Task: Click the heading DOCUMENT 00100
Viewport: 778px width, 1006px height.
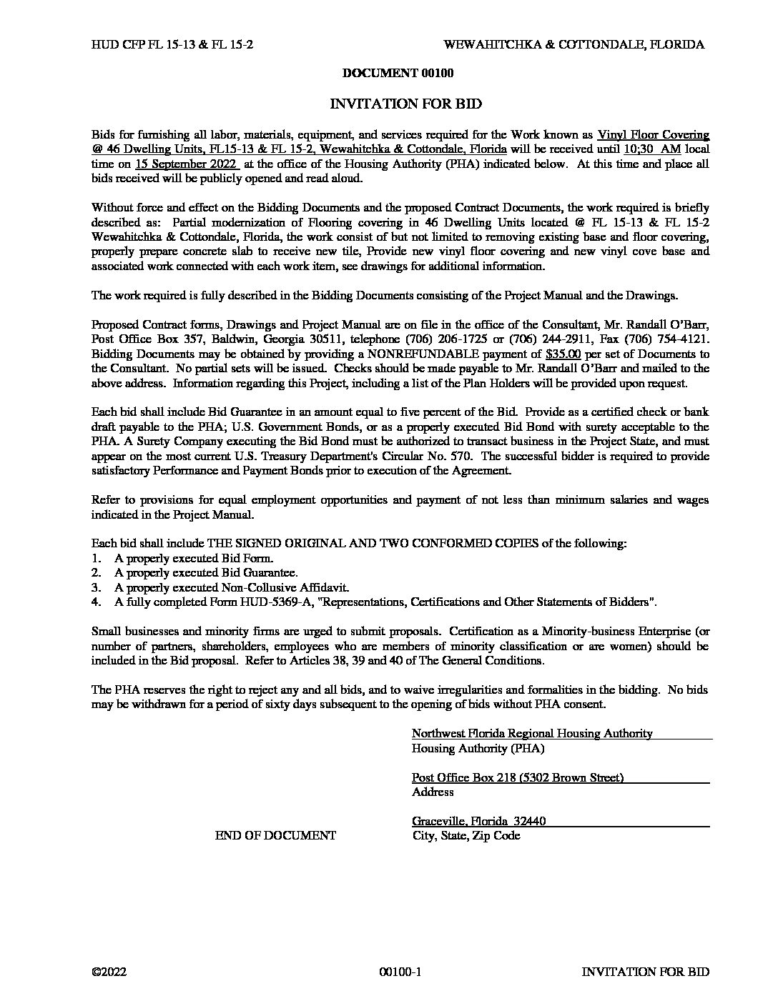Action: point(398,73)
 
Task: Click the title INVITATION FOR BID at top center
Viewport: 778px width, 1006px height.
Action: point(405,104)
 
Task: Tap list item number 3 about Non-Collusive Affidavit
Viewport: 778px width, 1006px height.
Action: point(232,587)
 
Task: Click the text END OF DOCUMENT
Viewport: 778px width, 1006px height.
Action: point(275,835)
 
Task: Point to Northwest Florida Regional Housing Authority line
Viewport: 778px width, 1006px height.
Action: point(532,733)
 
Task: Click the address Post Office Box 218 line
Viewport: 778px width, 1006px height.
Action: point(518,777)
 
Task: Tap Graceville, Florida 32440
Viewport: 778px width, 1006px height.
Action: point(478,821)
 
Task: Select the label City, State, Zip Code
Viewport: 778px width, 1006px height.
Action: point(466,835)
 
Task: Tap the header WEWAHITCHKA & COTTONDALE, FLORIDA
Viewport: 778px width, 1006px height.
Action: point(574,44)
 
